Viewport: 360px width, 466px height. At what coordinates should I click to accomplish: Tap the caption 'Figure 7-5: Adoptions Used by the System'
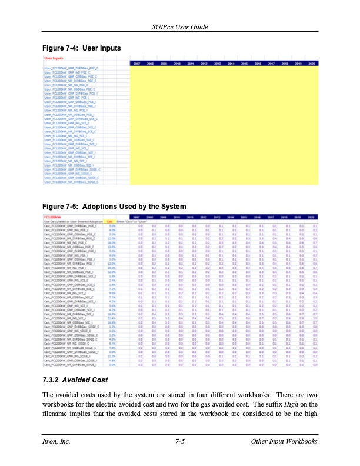[114, 207]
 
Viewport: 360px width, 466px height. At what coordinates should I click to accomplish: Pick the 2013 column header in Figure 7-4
[217, 63]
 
